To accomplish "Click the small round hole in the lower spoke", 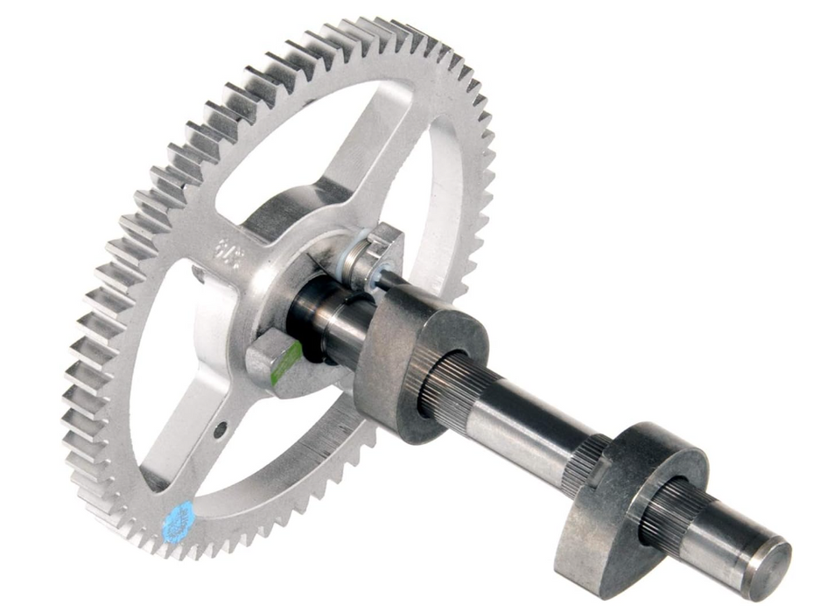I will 220,428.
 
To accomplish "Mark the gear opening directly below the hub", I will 263,455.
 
